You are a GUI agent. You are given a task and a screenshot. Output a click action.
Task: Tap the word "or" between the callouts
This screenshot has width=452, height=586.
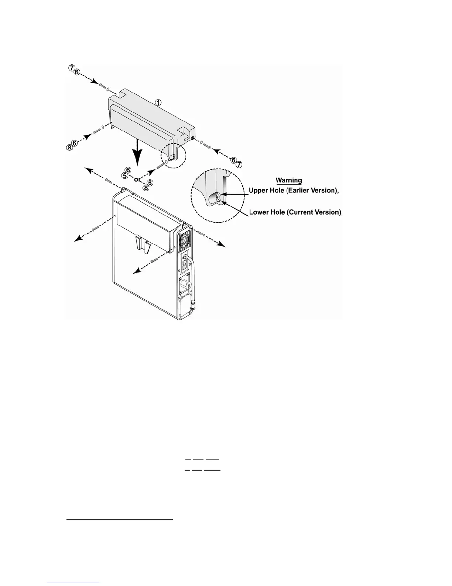137,179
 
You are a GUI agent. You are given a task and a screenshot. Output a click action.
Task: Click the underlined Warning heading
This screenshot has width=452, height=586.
289,181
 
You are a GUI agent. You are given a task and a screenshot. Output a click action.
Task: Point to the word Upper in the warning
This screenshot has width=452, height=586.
261,191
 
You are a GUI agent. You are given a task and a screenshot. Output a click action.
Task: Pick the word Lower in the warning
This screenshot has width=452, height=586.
260,212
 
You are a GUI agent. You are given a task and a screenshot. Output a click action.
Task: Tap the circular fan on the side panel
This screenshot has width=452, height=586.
184,241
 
